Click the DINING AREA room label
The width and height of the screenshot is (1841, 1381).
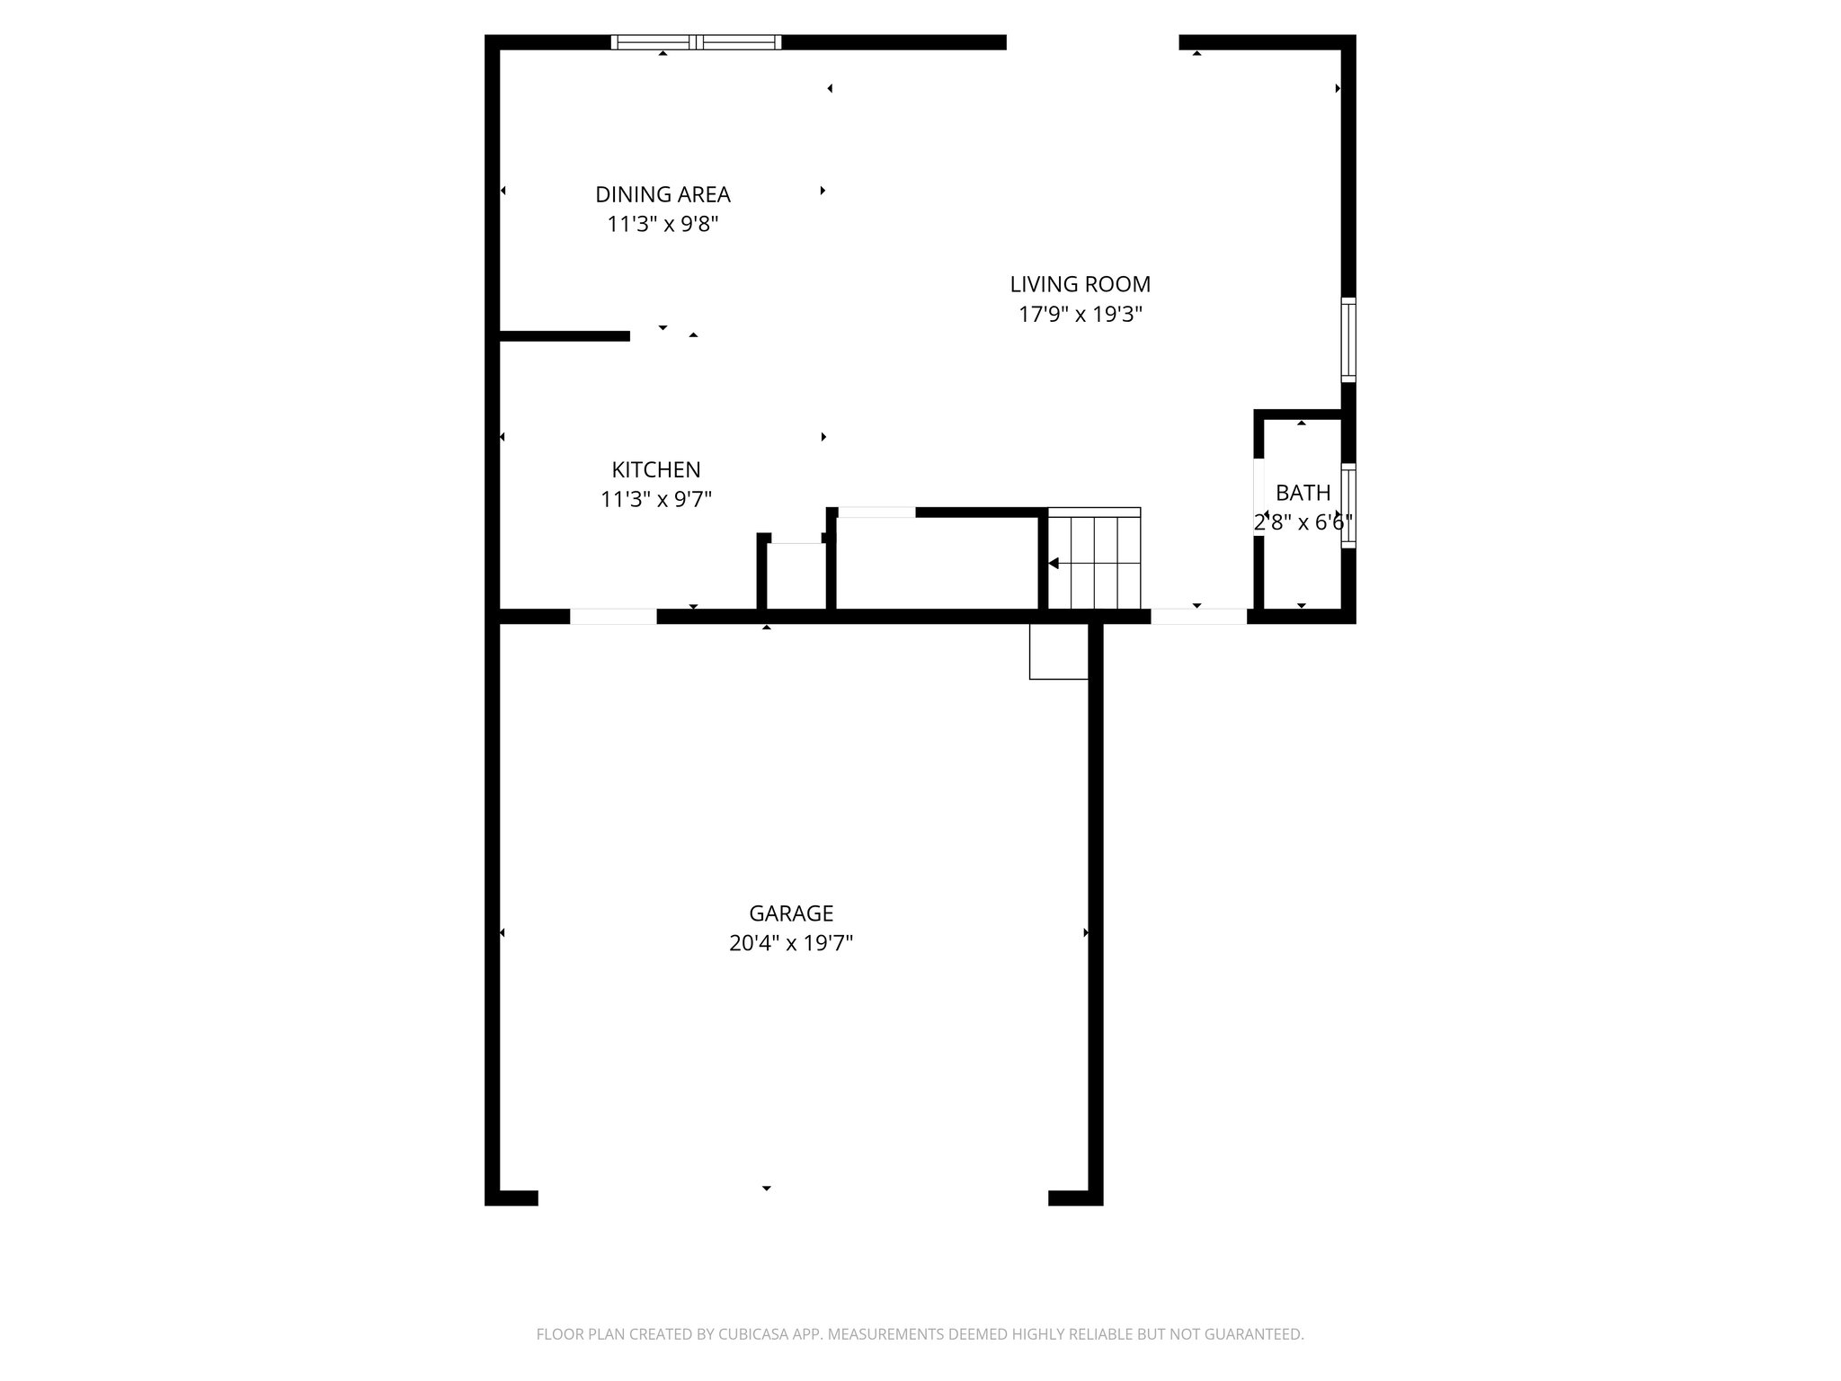pyautogui.click(x=663, y=194)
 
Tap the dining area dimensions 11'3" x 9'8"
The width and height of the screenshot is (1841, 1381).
pyautogui.click(x=663, y=224)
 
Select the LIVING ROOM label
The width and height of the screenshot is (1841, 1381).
pyautogui.click(x=1080, y=284)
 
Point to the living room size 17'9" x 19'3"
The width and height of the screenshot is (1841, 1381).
pyautogui.click(x=1080, y=315)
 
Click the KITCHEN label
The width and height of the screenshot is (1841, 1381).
pyautogui.click(x=656, y=469)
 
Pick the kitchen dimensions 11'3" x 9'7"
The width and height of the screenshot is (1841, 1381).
pyautogui.click(x=656, y=499)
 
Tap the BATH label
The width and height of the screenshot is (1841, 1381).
pyautogui.click(x=1303, y=493)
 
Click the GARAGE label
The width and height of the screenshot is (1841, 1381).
pyautogui.click(x=791, y=913)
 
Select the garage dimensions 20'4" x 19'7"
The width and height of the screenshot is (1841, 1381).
pyautogui.click(x=791, y=943)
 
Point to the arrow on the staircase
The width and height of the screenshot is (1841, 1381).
pyautogui.click(x=1054, y=564)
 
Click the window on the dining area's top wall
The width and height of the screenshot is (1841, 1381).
pyautogui.click(x=696, y=42)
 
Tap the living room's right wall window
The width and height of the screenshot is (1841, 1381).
pyautogui.click(x=1348, y=339)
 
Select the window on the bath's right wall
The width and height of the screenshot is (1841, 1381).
pyautogui.click(x=1348, y=504)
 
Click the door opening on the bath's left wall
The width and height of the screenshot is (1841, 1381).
pyautogui.click(x=1258, y=497)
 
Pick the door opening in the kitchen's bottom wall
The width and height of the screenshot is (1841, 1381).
pyautogui.click(x=613, y=617)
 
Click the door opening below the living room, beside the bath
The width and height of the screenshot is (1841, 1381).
pyautogui.click(x=1198, y=617)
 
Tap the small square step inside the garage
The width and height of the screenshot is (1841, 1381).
pyautogui.click(x=1058, y=652)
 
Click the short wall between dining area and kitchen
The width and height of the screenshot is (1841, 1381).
pyautogui.click(x=565, y=336)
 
